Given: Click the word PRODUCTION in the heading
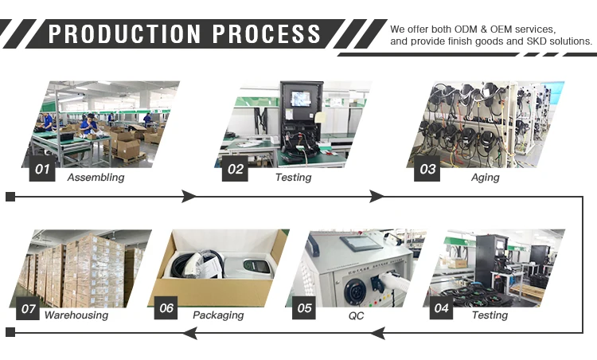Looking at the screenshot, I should click(x=128, y=33).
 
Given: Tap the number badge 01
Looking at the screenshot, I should click(x=42, y=169).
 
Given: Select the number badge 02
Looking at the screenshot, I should click(x=236, y=169).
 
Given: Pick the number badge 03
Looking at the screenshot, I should click(x=428, y=169).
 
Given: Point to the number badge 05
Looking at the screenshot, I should click(x=305, y=307).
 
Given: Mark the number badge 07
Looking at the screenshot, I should click(x=29, y=307).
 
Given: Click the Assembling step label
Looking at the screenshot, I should click(x=96, y=178).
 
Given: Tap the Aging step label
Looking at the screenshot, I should click(x=485, y=178).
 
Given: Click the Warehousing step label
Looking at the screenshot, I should click(x=76, y=315).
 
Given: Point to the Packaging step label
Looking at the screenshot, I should click(x=218, y=315).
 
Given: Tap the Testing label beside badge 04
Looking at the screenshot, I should click(x=490, y=315).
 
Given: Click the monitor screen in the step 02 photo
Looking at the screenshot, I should click(x=300, y=98).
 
